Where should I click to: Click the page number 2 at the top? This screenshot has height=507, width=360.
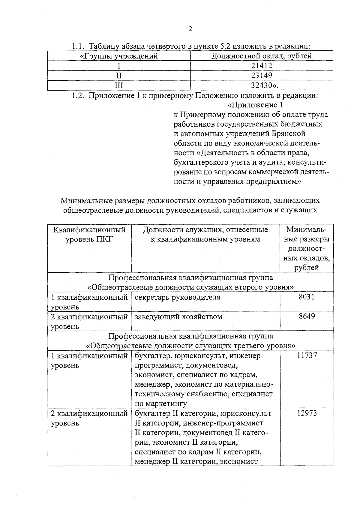coord(190,29)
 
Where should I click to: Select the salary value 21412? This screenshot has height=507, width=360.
coord(262,66)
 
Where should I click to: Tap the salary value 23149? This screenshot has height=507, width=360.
coord(262,75)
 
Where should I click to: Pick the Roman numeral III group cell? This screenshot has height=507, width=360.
coord(119,85)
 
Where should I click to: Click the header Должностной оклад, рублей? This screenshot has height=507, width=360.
coord(262,56)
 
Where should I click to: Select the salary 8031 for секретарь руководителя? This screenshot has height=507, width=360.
coord(307,297)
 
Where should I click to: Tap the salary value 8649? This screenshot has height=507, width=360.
coord(307,316)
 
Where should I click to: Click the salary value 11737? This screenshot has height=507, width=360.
coord(307,355)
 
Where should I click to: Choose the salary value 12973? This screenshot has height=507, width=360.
coord(307,413)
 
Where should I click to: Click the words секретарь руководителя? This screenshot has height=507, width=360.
coord(177,297)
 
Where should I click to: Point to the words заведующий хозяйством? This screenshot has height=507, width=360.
coord(178,317)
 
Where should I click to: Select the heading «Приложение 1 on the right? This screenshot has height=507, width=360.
coord(255,105)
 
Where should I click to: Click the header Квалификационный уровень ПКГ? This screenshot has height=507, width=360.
coord(89,235)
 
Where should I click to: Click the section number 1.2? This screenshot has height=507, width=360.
coord(77,96)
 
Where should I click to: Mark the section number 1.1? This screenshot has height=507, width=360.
coord(77,46)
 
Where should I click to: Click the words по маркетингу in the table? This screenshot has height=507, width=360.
coord(161,403)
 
